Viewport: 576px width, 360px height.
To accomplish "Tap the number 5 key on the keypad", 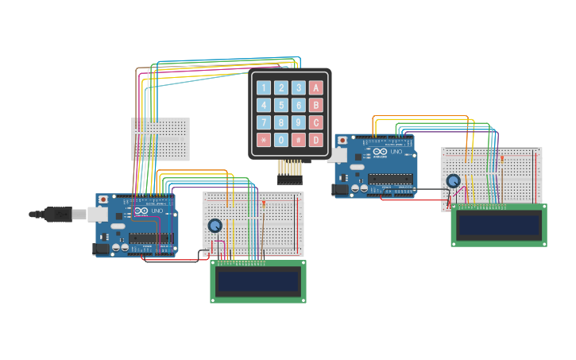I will click(x=281, y=105).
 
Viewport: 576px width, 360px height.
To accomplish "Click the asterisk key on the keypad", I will click(x=264, y=140).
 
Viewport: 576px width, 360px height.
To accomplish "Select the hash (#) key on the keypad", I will click(x=299, y=140).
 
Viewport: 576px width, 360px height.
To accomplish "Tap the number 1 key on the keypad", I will click(x=264, y=87).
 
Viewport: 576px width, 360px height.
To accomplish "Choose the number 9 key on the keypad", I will click(x=299, y=122).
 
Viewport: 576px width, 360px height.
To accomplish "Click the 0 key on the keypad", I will click(x=281, y=140).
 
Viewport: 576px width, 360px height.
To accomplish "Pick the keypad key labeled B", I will click(x=316, y=105).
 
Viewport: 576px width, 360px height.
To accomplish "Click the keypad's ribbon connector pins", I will click(x=290, y=171).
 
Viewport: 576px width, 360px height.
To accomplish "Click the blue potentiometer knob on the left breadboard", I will click(x=215, y=226).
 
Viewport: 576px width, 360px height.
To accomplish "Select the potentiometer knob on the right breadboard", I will click(x=453, y=180).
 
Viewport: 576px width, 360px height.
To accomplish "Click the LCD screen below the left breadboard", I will click(x=258, y=281).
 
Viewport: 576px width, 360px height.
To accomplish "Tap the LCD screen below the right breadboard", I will click(x=499, y=225).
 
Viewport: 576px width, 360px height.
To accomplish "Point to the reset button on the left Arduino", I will click(x=102, y=199).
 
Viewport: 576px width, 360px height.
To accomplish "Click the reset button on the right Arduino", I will click(x=342, y=140).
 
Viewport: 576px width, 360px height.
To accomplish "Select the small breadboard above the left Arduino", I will click(x=160, y=139).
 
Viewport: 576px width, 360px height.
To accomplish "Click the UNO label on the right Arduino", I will click(x=396, y=152).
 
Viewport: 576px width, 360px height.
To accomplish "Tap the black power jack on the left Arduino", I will click(x=101, y=249).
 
